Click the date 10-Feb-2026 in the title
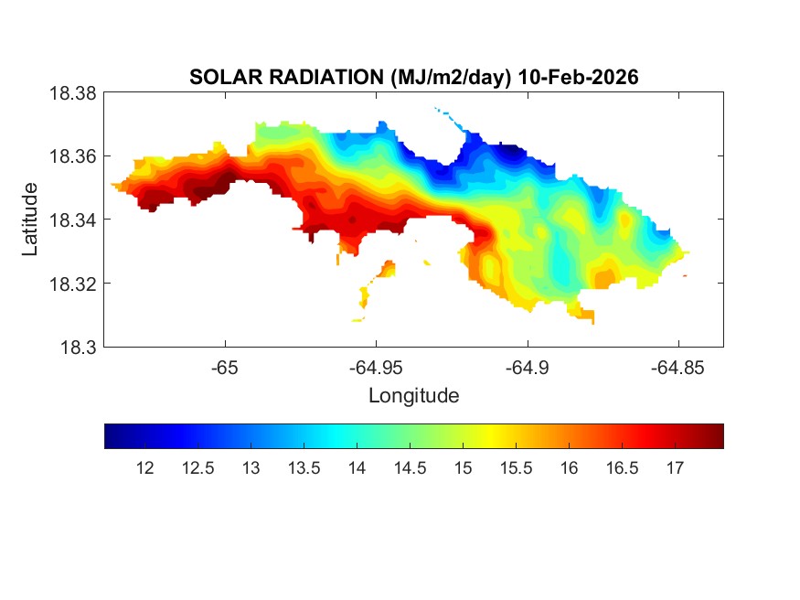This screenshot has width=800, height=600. click(x=578, y=78)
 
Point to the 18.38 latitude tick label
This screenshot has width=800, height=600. click(x=71, y=92)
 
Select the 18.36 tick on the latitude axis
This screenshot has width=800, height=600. click(x=71, y=156)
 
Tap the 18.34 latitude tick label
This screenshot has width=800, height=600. click(x=71, y=220)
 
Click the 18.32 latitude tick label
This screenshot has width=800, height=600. click(x=71, y=284)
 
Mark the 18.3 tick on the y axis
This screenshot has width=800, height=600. click(x=77, y=347)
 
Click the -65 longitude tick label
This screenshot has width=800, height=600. click(x=225, y=368)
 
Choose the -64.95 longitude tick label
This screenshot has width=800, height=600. click(x=376, y=368)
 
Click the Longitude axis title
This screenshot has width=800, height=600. click(x=413, y=396)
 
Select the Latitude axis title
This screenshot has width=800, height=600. click(x=30, y=220)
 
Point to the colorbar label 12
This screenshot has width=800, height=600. click(x=144, y=468)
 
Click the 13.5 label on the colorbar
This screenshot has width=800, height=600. click(x=304, y=468)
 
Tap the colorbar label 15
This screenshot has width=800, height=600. click(x=463, y=468)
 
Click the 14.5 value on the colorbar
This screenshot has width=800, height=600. click(x=410, y=468)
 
